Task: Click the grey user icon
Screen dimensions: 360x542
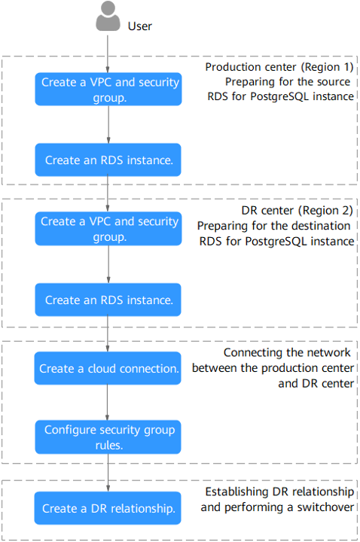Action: pos(108,16)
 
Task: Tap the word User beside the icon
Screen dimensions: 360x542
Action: pos(140,26)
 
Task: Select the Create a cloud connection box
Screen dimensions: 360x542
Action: pos(108,368)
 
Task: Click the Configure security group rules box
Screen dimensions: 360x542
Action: pos(108,437)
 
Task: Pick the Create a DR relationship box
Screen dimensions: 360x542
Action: pos(108,508)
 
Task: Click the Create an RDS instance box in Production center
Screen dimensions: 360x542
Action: pos(108,160)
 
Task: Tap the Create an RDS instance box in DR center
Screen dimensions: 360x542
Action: pos(108,300)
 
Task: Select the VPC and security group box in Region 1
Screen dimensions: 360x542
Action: pos(108,89)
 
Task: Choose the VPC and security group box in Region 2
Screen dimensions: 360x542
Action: pos(108,229)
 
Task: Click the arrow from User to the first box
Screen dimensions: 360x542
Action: pos(108,54)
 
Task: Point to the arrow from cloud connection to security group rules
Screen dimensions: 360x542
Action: pos(107,403)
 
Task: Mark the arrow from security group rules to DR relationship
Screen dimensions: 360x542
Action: pos(108,473)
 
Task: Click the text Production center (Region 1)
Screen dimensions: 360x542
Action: pos(279,67)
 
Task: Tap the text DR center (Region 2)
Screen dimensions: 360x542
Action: pos(297,210)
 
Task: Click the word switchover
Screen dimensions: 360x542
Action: pos(325,507)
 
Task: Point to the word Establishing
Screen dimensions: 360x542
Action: pos(237,492)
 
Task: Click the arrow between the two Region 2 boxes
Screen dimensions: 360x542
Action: pos(108,264)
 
